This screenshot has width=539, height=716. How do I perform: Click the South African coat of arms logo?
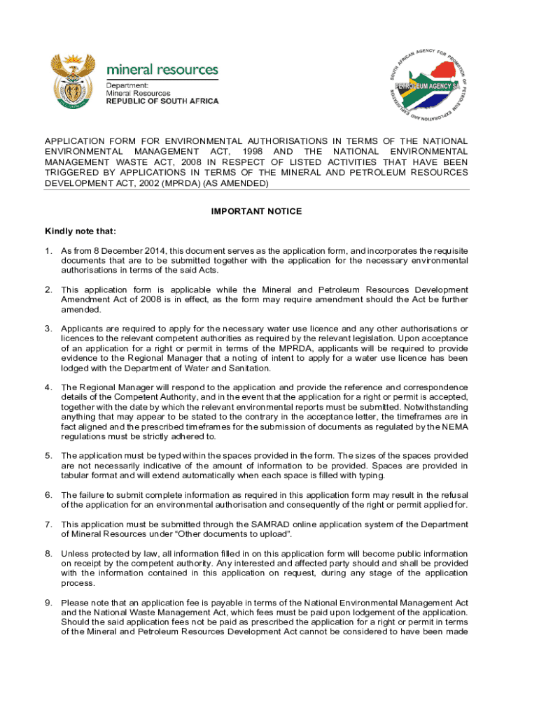[71, 82]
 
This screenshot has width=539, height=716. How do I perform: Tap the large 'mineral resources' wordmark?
[162, 71]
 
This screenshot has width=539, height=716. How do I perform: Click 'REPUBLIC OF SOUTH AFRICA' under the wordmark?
[162, 101]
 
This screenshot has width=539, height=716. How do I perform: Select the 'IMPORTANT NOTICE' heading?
[257, 211]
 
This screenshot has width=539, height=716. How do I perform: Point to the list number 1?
[48, 250]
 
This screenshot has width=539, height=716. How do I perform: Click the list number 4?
[48, 387]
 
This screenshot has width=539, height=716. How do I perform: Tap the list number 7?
[48, 524]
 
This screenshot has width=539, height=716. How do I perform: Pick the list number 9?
[48, 603]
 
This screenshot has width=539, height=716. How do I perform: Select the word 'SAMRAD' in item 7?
[269, 524]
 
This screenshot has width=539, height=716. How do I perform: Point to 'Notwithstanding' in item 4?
[434, 405]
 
